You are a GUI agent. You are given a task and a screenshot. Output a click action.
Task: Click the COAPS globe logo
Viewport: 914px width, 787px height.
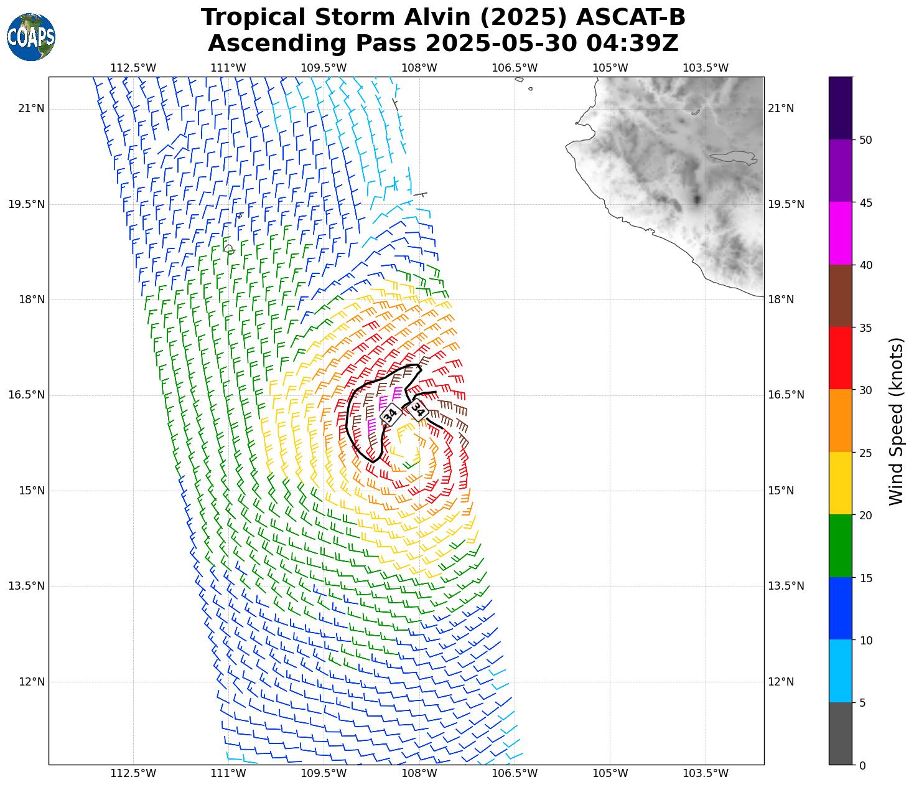tap(31, 37)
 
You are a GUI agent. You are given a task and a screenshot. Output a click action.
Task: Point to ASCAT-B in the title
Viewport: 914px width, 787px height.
tap(630, 17)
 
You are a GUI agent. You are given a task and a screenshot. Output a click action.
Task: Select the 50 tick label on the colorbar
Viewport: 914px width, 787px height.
tap(865, 140)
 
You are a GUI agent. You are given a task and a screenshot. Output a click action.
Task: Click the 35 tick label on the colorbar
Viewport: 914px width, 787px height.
tap(865, 328)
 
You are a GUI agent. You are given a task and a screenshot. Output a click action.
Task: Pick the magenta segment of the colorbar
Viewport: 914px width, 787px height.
tap(840, 233)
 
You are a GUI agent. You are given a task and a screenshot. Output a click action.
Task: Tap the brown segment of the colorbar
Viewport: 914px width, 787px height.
tap(840, 296)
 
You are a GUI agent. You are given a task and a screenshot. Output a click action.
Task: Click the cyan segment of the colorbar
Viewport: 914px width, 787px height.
tap(840, 671)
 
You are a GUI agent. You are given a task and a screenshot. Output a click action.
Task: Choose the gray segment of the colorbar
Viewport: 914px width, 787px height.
tap(840, 733)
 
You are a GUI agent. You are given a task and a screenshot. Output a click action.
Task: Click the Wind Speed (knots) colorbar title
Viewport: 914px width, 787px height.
tap(896, 422)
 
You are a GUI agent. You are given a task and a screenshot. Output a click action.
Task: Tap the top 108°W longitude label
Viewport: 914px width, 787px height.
tap(419, 68)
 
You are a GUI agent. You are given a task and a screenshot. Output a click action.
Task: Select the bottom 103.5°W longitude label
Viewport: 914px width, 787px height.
tap(706, 773)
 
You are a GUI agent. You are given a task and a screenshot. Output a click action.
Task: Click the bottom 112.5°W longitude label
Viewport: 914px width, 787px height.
tap(133, 773)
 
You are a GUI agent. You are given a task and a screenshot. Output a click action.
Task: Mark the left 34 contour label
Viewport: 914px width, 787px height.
tap(390, 414)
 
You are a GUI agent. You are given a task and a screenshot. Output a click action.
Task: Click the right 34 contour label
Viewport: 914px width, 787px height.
tap(417, 410)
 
